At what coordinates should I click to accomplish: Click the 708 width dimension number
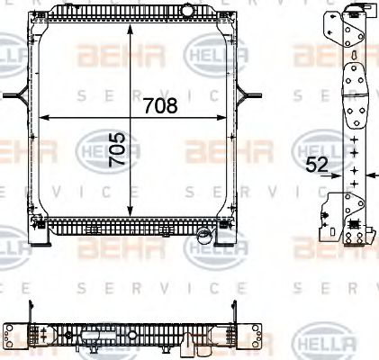160,105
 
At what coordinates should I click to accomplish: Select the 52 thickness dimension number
316,165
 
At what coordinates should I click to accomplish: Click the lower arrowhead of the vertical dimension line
132,212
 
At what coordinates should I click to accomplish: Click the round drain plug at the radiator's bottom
204,238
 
